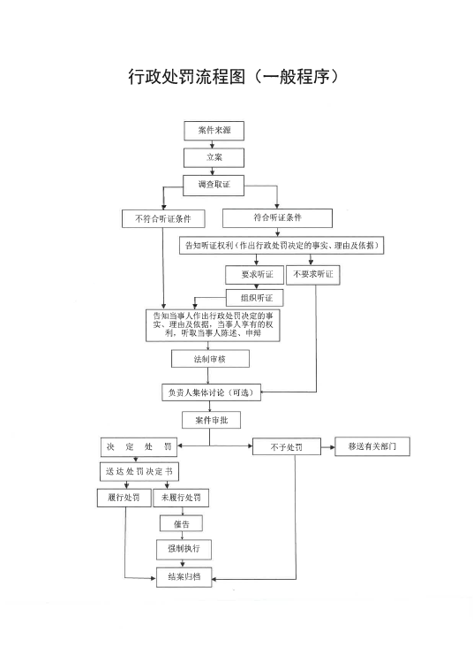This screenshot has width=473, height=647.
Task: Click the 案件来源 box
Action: pyautogui.click(x=214, y=131)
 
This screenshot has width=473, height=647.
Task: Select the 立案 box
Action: pyautogui.click(x=214, y=157)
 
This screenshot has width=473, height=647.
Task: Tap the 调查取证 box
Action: pyautogui.click(x=214, y=186)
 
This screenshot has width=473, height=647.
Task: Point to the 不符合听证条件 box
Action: pyautogui.click(x=163, y=218)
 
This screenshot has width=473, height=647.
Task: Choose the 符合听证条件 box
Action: pyautogui.click(x=277, y=217)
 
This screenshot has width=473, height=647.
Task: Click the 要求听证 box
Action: pyautogui.click(x=255, y=275)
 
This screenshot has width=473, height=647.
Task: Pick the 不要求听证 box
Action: pyautogui.click(x=313, y=275)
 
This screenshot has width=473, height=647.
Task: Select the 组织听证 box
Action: pyautogui.click(x=255, y=298)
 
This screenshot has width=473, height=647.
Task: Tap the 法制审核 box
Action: pyautogui.click(x=210, y=359)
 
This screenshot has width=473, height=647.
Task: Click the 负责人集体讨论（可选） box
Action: pyautogui.click(x=212, y=392)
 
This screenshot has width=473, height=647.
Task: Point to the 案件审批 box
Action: pyautogui.click(x=212, y=420)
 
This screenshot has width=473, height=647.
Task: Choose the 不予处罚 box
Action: pyautogui.click(x=286, y=447)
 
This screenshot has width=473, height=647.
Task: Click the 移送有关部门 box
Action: pyautogui.click(x=372, y=446)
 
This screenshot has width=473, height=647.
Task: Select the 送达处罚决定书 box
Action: pyautogui.click(x=139, y=472)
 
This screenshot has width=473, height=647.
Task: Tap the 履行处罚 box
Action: pyautogui.click(x=124, y=498)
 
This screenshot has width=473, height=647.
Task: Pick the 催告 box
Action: pyautogui.click(x=181, y=524)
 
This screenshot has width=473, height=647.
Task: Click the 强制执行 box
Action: pyautogui.click(x=184, y=549)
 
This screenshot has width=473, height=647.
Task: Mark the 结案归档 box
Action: pyautogui.click(x=184, y=577)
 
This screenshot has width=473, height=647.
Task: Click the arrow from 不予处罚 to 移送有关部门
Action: pyautogui.click(x=328, y=447)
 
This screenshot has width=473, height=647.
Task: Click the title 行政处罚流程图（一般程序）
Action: pyautogui.click(x=234, y=77)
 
